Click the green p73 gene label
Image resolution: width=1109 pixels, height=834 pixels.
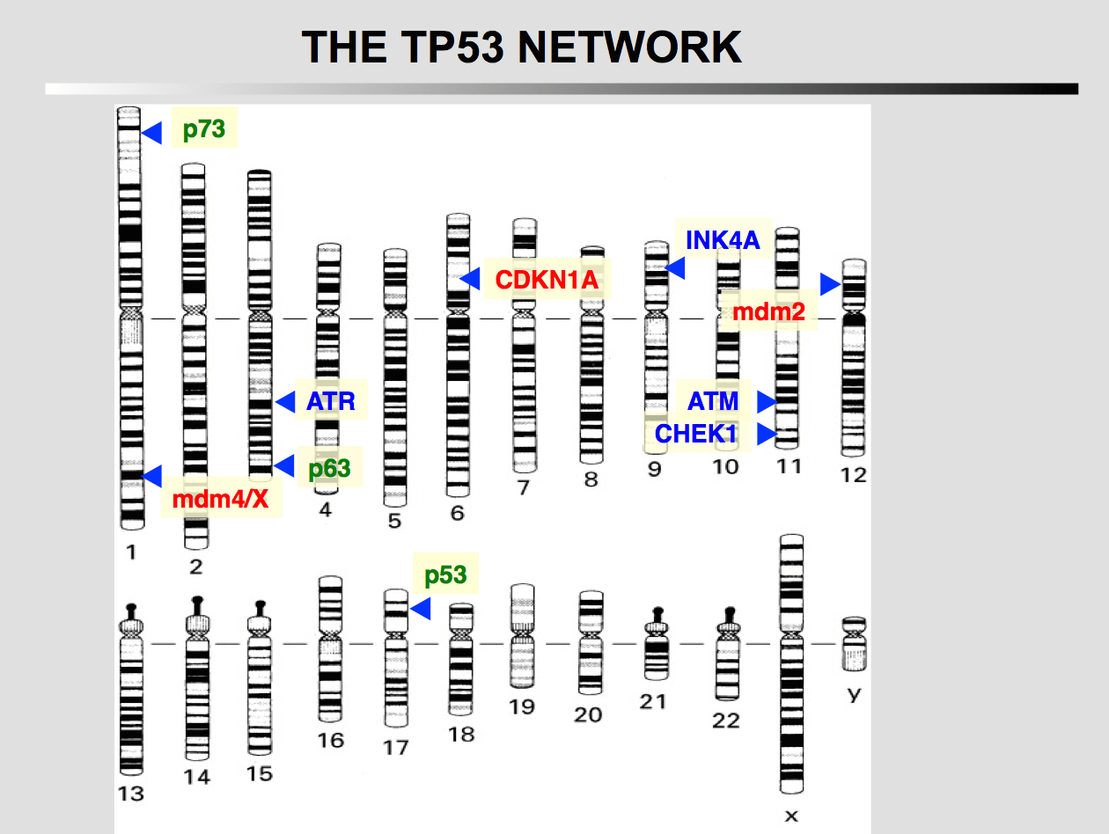[x=204, y=130]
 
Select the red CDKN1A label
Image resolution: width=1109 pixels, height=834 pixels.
[x=547, y=280]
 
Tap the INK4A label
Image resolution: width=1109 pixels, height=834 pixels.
[x=723, y=239]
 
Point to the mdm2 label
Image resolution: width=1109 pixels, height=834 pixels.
[x=769, y=311]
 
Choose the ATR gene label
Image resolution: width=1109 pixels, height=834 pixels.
[x=331, y=402]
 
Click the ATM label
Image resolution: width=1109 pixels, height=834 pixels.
[x=714, y=402]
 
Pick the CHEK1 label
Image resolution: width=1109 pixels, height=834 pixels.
[x=696, y=434]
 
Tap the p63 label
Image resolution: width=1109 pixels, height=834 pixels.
[x=329, y=468]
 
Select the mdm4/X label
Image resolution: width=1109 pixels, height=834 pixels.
[x=220, y=501]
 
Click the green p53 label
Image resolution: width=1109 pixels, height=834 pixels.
[x=445, y=575]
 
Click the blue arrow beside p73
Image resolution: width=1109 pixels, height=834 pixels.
[x=152, y=133]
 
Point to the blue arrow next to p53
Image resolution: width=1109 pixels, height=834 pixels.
[x=420, y=608]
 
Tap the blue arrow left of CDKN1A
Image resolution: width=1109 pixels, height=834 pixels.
[x=470, y=279]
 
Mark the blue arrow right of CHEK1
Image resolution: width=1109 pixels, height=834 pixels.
[x=767, y=434]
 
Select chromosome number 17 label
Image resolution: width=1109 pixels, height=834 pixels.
[x=396, y=747]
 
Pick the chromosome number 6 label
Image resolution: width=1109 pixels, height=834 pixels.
[x=458, y=512]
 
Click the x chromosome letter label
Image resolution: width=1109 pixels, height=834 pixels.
[x=791, y=816]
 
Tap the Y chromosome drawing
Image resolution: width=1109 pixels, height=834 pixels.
[x=854, y=644]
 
